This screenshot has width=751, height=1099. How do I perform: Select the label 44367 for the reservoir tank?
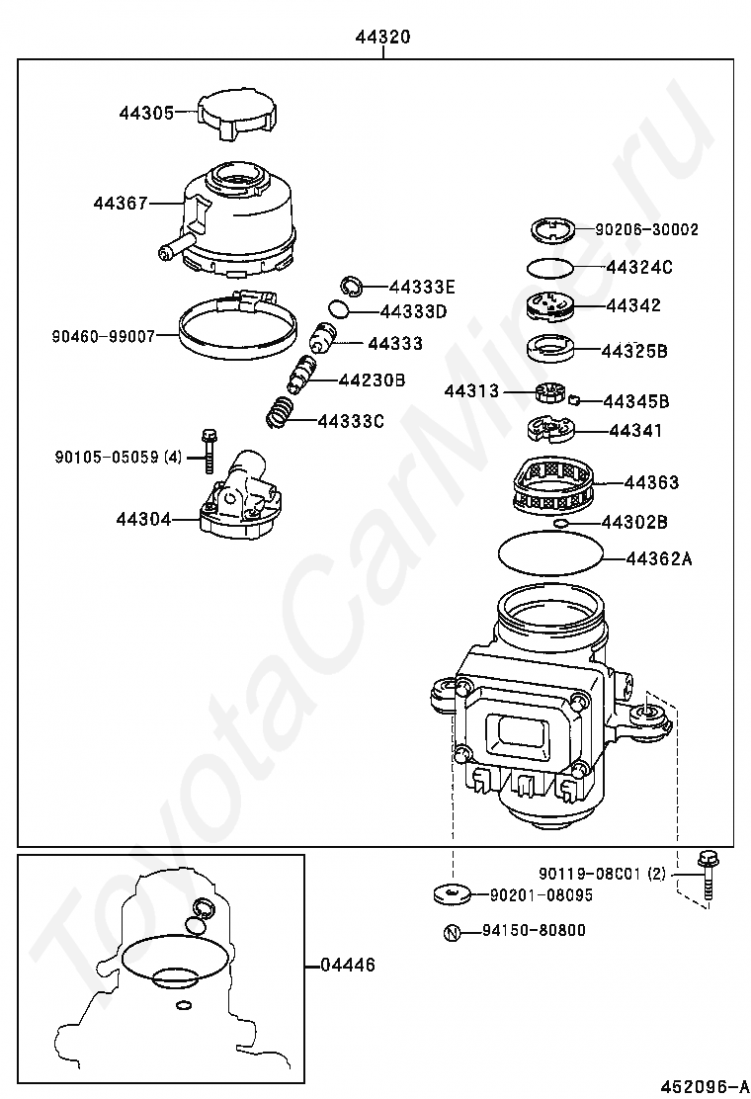pyautogui.click(x=121, y=204)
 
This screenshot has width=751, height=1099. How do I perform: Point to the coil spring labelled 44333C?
pyautogui.click(x=282, y=412)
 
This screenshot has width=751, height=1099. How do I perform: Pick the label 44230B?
pyautogui.click(x=373, y=380)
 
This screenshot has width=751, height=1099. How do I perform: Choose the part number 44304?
pyautogui.click(x=142, y=519)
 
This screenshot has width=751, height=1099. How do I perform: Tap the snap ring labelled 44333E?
pyautogui.click(x=352, y=287)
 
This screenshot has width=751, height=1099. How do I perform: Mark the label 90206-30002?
pyautogui.click(x=646, y=229)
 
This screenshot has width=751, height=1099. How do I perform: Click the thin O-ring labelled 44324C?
pyautogui.click(x=549, y=268)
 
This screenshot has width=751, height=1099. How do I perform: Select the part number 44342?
pyautogui.click(x=633, y=306)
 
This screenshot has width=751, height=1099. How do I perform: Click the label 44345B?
pyautogui.click(x=635, y=401)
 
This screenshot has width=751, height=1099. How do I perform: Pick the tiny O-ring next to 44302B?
pyautogui.click(x=560, y=524)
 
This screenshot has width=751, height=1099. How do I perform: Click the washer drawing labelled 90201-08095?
pyautogui.click(x=453, y=895)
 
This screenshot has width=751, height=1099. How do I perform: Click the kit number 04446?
pyautogui.click(x=347, y=965)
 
